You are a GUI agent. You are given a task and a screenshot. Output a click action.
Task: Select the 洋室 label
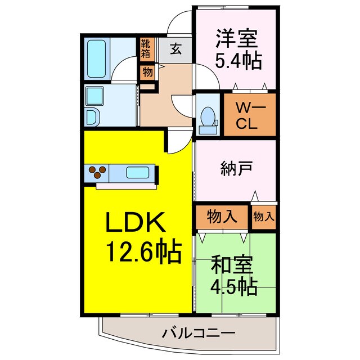(x=236, y=40)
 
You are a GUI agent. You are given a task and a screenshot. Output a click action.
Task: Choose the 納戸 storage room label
(x=237, y=167)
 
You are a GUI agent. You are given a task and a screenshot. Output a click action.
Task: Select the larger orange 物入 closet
(x=221, y=216)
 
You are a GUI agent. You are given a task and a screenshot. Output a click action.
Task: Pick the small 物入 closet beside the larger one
(x=263, y=216)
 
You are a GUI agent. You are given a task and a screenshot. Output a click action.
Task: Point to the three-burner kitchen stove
(x=96, y=172)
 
